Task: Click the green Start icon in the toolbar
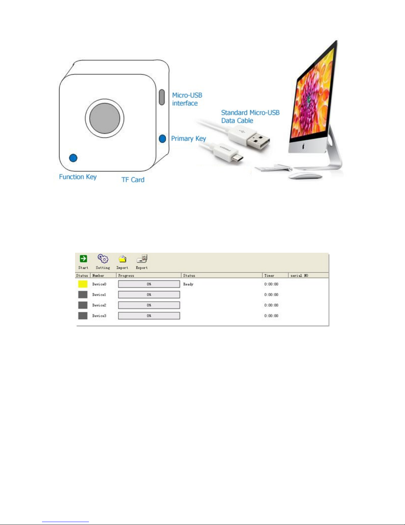(83, 259)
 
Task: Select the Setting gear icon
(103, 259)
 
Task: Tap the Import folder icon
(122, 259)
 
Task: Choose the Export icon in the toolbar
(142, 259)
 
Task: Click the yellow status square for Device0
(83, 284)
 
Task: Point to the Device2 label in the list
(99, 305)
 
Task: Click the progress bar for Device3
(149, 316)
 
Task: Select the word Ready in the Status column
(188, 284)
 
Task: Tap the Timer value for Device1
(271, 294)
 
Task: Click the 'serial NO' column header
(299, 276)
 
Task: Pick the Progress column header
(126, 276)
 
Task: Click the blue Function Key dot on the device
(73, 158)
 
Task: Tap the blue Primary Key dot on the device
(162, 138)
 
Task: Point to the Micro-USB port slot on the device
(162, 97)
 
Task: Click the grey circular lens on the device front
(104, 118)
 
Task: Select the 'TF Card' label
(133, 180)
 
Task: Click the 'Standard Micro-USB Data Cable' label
(250, 117)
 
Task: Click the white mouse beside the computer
(304, 176)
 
